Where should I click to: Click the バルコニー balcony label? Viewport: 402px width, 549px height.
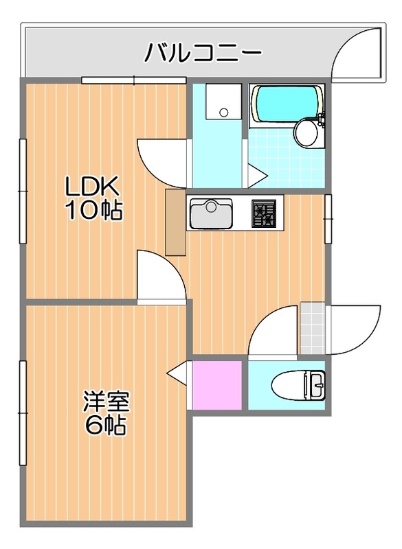pos(203,53)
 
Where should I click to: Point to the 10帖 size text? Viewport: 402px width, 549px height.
pos(94,211)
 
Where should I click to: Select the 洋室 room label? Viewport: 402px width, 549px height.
pos(107,404)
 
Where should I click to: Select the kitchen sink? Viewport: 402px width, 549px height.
pos(211,213)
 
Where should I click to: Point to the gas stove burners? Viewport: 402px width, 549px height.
pos(263,213)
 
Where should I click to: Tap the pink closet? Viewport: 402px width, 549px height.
pos(217,385)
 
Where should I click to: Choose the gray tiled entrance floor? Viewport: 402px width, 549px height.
pos(313,328)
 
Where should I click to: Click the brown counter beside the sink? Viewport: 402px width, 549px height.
pos(175,222)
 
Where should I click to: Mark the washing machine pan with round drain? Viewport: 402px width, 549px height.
pos(223,101)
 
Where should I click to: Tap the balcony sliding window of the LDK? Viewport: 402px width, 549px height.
pos(134,80)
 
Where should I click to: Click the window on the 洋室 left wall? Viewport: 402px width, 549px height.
pos(23,413)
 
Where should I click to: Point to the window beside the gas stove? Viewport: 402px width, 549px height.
pos(328,219)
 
